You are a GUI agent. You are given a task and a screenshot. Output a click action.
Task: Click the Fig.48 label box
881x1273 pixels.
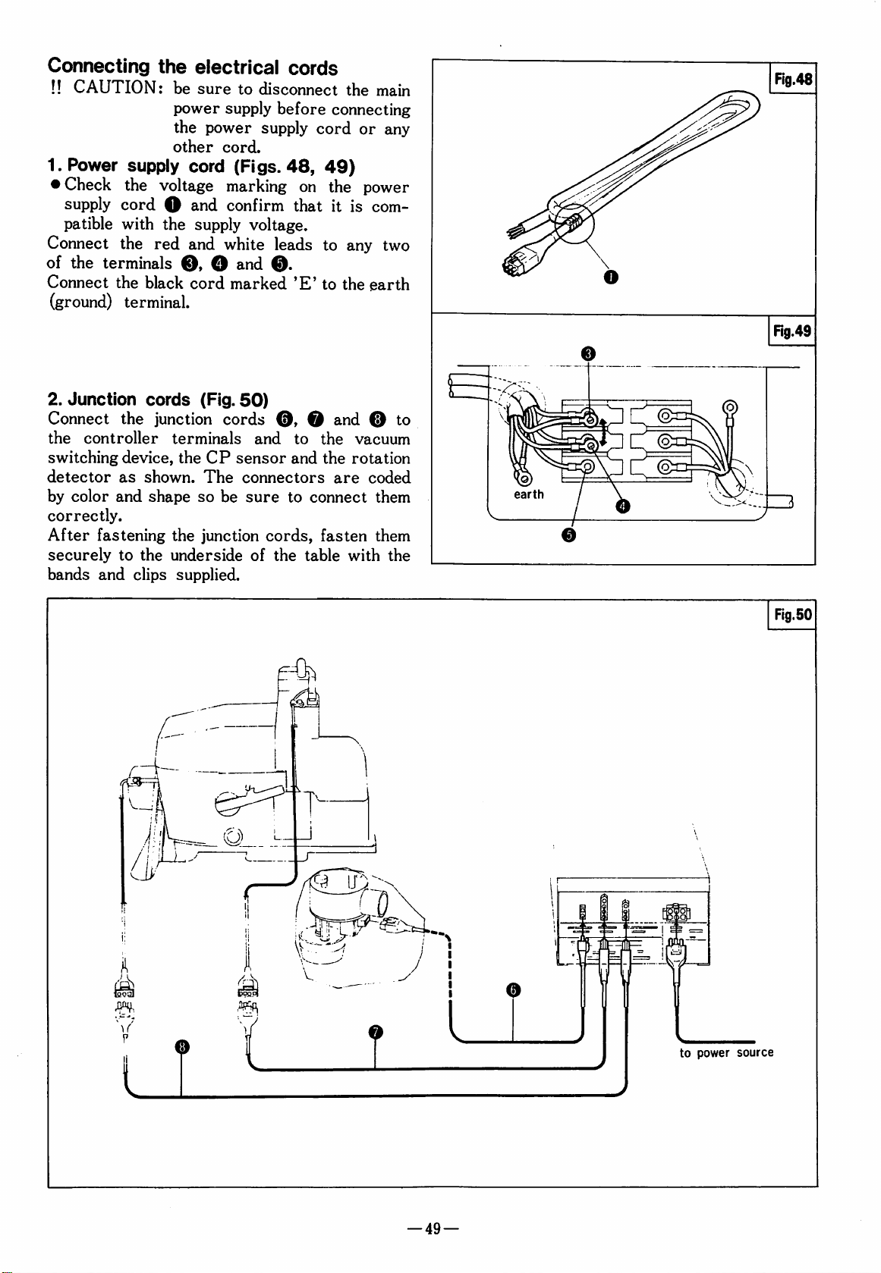pyautogui.click(x=792, y=79)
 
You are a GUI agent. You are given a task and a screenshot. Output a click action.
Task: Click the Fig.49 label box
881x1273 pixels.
pyautogui.click(x=792, y=331)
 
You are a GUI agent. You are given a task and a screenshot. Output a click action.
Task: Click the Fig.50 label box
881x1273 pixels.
pyautogui.click(x=792, y=615)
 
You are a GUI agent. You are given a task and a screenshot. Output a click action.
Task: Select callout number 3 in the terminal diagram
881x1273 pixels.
pyautogui.click(x=588, y=353)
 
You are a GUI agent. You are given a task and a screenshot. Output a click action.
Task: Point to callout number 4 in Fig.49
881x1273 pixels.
pyautogui.click(x=622, y=506)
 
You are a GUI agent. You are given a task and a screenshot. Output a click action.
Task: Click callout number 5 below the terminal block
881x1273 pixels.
pyautogui.click(x=568, y=535)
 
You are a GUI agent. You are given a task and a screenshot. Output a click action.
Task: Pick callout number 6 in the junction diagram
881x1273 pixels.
pyautogui.click(x=513, y=989)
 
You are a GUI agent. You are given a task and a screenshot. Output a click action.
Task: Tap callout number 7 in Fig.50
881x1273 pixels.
pyautogui.click(x=376, y=1032)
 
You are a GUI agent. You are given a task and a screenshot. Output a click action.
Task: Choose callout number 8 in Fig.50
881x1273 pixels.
pyautogui.click(x=181, y=1047)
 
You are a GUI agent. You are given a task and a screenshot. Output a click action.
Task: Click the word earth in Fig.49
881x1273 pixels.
pyautogui.click(x=529, y=494)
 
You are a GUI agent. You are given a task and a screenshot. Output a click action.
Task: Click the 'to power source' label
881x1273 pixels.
pyautogui.click(x=726, y=1053)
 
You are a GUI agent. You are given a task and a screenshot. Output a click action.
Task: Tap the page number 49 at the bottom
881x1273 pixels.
pyautogui.click(x=433, y=1229)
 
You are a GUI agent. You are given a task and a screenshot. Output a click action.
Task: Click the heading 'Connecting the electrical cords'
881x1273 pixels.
pyautogui.click(x=193, y=67)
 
